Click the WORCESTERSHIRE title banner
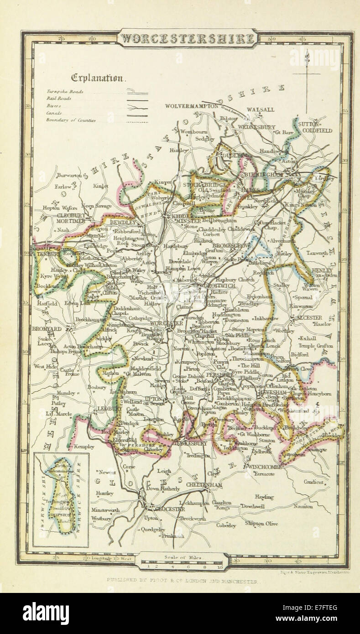[x=187, y=39]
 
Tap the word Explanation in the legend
[x=97, y=78]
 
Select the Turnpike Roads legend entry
[x=64, y=91]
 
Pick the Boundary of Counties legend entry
[x=71, y=120]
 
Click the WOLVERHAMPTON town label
[x=192, y=106]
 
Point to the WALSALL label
[x=260, y=110]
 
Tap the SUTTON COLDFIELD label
[x=315, y=127]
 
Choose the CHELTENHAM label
[x=198, y=485]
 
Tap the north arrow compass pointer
[x=307, y=78]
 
